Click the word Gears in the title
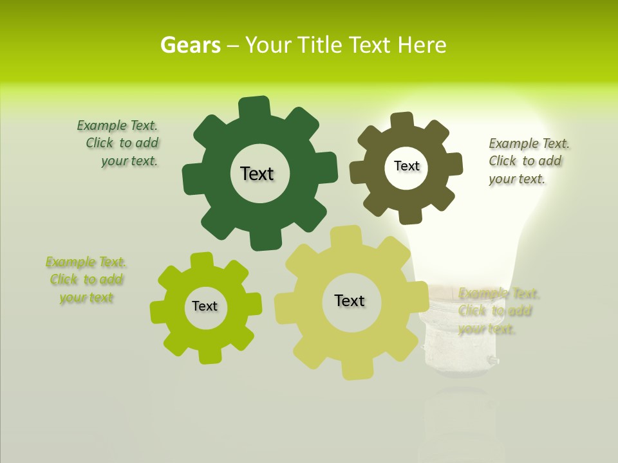click(190, 45)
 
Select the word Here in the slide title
click(422, 45)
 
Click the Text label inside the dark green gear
click(257, 174)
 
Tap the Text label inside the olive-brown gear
click(406, 166)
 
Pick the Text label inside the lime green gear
click(205, 306)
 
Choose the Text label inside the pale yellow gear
click(350, 300)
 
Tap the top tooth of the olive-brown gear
click(402, 120)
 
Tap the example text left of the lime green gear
click(86, 280)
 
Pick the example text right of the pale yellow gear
click(497, 311)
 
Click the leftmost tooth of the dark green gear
click(192, 178)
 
